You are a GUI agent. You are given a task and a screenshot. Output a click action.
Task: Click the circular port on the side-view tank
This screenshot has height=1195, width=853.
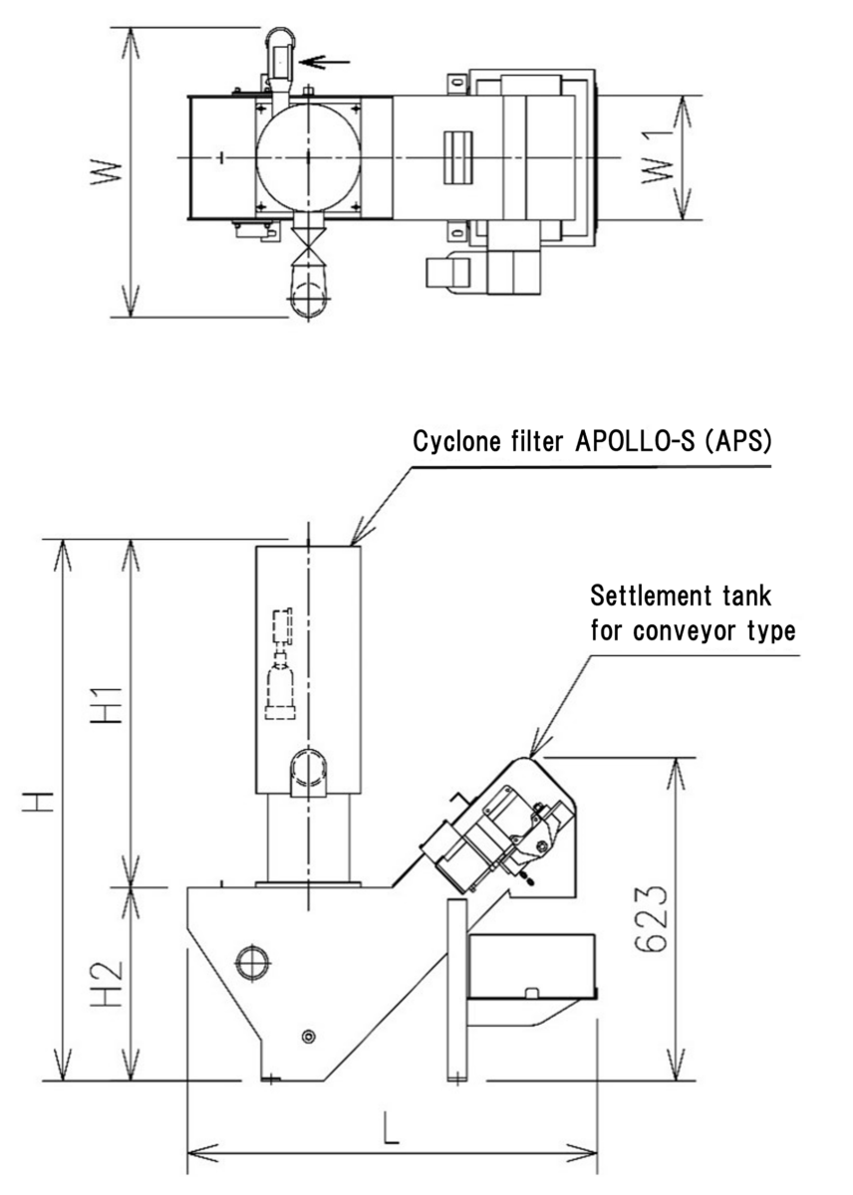tap(250, 961)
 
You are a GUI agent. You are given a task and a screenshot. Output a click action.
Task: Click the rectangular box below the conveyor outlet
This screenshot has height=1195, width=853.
tap(530, 966)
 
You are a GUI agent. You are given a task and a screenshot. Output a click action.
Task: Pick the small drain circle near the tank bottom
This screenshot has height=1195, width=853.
tap(308, 1037)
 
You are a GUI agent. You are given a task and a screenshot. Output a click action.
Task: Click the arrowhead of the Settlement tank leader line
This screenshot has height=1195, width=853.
tap(532, 754)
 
